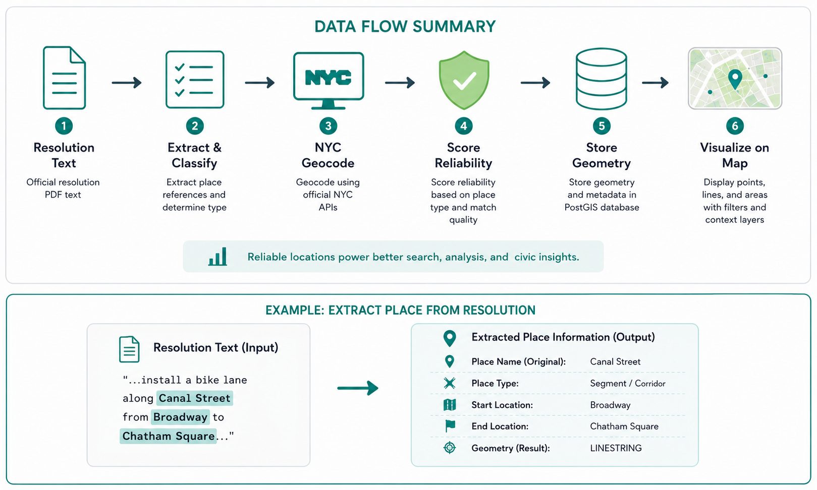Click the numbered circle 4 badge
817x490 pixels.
[x=464, y=126]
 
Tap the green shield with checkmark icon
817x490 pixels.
[x=464, y=80]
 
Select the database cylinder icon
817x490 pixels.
[x=602, y=79]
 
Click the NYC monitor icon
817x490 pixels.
[x=328, y=81]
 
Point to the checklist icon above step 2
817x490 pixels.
[x=195, y=80]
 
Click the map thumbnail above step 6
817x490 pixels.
[x=735, y=78]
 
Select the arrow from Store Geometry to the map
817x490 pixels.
[x=656, y=83]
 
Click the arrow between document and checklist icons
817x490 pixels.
[x=127, y=83]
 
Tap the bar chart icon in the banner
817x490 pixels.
[x=217, y=257]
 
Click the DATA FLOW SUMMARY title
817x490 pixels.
[x=405, y=27]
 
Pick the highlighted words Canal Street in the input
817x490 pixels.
[x=195, y=398]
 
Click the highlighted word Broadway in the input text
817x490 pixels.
[x=181, y=417]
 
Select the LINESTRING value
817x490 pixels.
[x=616, y=448]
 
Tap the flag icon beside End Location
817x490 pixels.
[x=450, y=426]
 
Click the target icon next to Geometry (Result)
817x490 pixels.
[x=450, y=447]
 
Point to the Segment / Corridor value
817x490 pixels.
[x=628, y=383]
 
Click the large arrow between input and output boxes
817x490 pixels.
[x=358, y=388]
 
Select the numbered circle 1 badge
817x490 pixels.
[x=64, y=126]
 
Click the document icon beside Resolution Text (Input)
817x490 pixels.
[x=129, y=349]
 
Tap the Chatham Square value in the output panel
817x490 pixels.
[x=624, y=426]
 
